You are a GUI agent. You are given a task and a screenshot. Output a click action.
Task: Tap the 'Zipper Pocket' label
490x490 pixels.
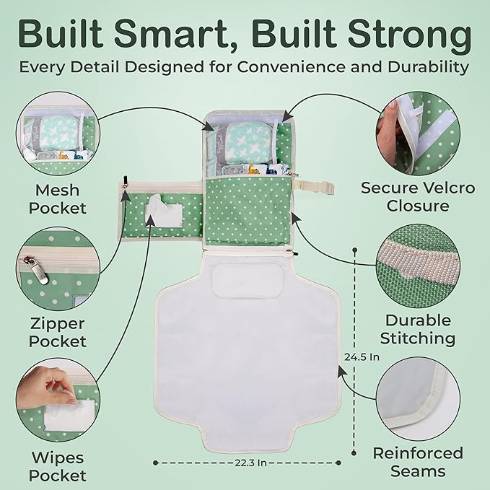click(x=58, y=333)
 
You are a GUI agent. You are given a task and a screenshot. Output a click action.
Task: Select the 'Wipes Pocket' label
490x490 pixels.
click(x=58, y=466)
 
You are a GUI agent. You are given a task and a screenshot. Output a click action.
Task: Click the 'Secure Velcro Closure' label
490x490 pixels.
click(x=418, y=197)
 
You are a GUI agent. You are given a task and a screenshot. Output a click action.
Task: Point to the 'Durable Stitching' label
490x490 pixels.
click(x=419, y=329)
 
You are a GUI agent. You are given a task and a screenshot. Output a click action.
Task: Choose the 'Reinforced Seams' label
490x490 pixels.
click(x=418, y=462)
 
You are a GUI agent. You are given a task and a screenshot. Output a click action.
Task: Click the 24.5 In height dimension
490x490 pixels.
click(x=362, y=356)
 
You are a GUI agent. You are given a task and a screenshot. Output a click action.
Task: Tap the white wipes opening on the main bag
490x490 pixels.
click(x=161, y=211)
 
